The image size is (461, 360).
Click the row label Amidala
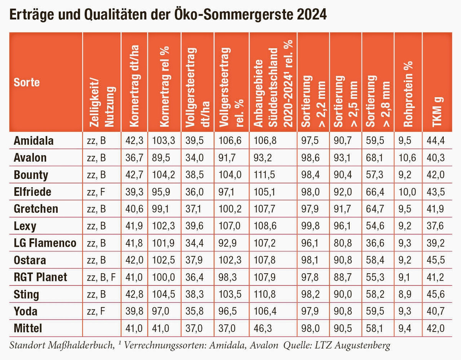(33, 141)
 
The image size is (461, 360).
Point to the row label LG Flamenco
(45, 243)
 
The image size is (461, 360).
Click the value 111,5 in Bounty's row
(263, 175)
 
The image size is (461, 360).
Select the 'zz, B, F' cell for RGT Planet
(101, 277)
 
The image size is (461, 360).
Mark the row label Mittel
(28, 329)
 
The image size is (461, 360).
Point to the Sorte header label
(27, 82)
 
